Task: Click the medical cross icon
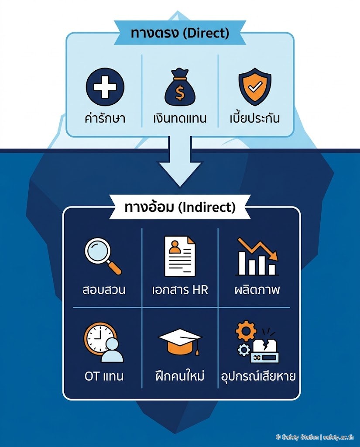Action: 105,87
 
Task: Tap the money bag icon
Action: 180,87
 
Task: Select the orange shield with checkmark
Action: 255,87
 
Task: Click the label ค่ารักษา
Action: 105,118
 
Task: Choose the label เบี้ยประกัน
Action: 254,118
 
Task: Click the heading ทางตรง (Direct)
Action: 180,33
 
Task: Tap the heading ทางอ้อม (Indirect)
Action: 180,207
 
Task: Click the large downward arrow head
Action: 180,174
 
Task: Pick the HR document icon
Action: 180,256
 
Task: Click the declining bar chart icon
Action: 257,256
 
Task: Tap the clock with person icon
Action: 103,342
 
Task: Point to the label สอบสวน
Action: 104,290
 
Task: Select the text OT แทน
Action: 104,376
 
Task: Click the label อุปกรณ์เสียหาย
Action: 258,375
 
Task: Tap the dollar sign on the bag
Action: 180,93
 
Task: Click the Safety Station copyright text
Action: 315,437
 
